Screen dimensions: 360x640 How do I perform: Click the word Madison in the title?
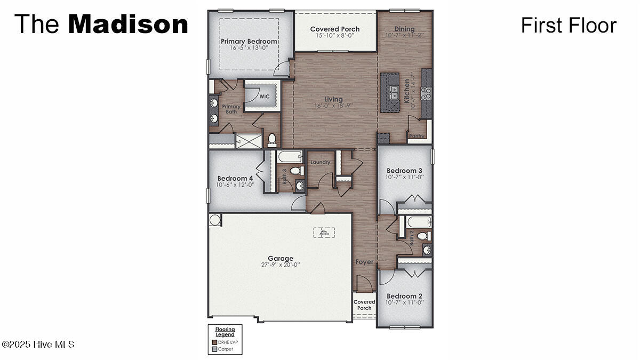(128, 25)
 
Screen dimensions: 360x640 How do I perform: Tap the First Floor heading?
(569, 25)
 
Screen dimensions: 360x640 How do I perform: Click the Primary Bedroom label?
(249, 41)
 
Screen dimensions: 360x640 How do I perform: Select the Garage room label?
(281, 258)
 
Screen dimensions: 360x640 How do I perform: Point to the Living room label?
(334, 99)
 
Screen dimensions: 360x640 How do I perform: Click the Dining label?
(404, 29)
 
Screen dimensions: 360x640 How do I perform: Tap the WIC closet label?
(265, 97)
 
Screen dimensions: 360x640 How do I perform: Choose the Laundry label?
(320, 162)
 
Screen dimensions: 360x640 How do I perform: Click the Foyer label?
(365, 262)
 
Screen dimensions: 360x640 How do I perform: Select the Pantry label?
(417, 136)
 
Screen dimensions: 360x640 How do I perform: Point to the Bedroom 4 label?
(235, 178)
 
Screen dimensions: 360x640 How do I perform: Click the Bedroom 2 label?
(404, 296)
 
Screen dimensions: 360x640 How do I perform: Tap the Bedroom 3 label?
(404, 171)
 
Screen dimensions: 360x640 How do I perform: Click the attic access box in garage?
(324, 232)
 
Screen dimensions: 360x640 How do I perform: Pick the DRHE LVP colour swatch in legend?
(214, 342)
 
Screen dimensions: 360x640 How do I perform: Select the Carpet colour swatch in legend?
(214, 349)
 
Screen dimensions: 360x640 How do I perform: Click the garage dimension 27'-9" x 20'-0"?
(281, 265)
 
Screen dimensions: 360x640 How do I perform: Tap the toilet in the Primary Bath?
(272, 139)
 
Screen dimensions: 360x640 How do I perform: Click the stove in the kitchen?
(426, 93)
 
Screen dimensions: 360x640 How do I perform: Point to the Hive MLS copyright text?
(38, 345)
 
